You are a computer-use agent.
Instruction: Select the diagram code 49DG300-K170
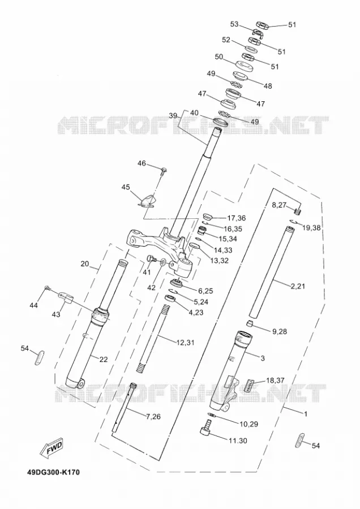pyautogui.click(x=53, y=472)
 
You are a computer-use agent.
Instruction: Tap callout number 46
pyautogui.click(x=142, y=163)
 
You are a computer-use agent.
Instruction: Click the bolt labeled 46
pyautogui.click(x=164, y=170)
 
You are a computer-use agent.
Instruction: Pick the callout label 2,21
pyautogui.click(x=298, y=286)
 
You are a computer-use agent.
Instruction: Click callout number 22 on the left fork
pyautogui.click(x=103, y=359)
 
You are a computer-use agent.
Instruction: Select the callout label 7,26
pyautogui.click(x=153, y=416)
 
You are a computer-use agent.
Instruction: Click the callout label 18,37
pyautogui.click(x=275, y=380)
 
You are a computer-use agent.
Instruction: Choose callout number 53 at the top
pyautogui.click(x=234, y=24)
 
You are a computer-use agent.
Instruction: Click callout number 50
pyautogui.click(x=219, y=57)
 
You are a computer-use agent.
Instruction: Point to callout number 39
pyautogui.click(x=173, y=115)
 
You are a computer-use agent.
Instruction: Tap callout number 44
pyautogui.click(x=33, y=305)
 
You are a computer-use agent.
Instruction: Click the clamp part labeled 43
pyautogui.click(x=66, y=297)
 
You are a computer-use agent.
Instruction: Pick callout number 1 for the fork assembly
pyautogui.click(x=306, y=414)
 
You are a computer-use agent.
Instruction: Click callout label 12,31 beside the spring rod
pyautogui.click(x=185, y=342)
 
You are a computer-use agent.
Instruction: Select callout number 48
pyautogui.click(x=268, y=86)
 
